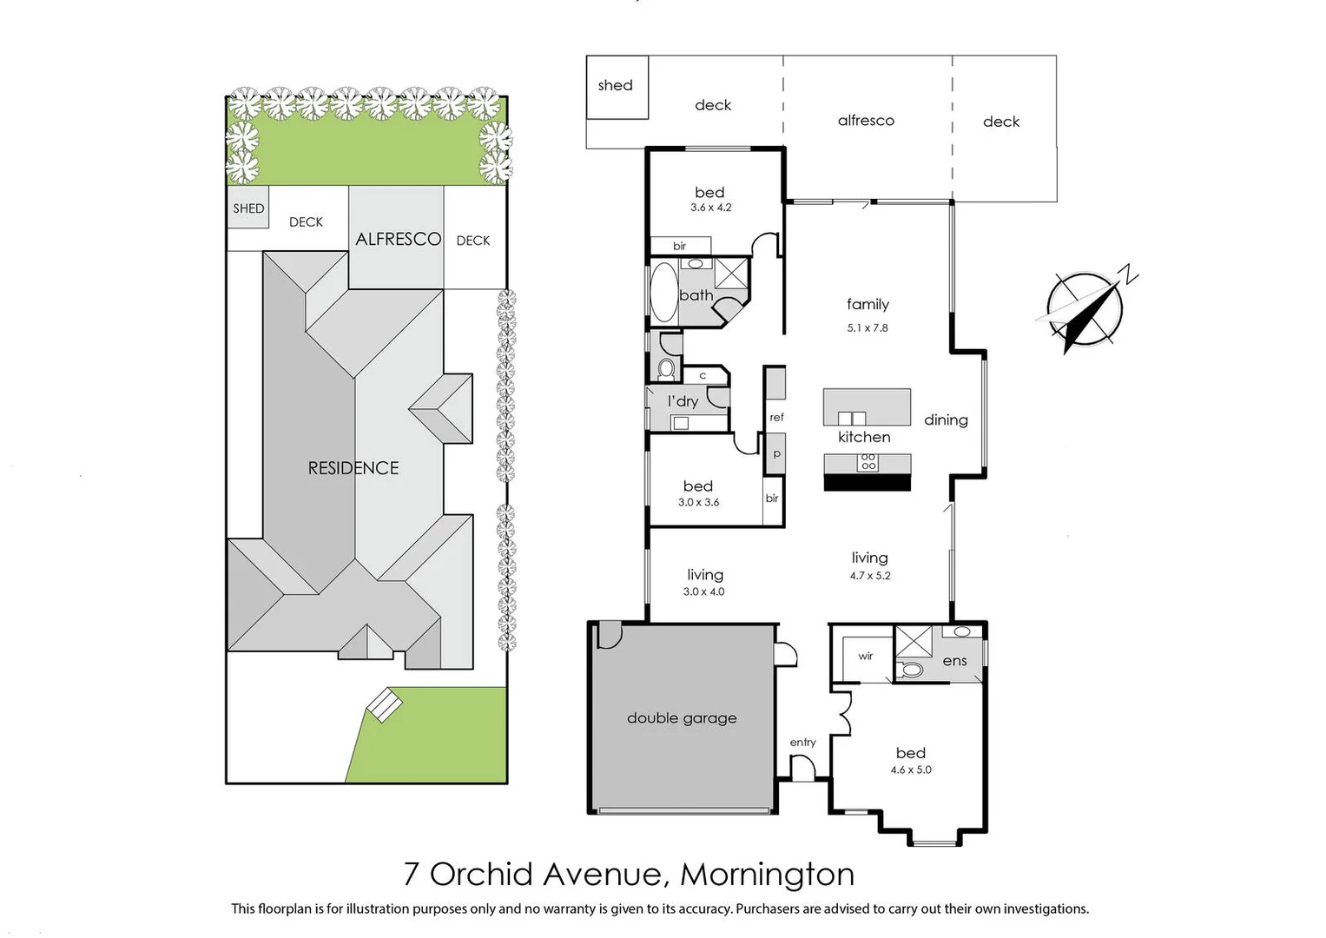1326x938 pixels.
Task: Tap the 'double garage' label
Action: [682, 718]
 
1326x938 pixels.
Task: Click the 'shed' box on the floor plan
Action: [617, 86]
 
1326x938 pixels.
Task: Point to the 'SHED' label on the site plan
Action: [248, 208]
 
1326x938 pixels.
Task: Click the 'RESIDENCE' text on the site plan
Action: [353, 468]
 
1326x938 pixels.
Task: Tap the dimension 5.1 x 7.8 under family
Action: [868, 328]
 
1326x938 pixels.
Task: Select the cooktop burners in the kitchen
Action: [868, 462]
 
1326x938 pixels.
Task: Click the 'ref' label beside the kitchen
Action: [776, 418]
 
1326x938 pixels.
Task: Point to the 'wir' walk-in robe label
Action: [865, 657]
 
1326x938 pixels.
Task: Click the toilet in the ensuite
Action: [911, 670]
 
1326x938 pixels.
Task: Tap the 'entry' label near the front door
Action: [802, 743]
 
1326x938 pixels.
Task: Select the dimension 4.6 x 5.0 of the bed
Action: [910, 770]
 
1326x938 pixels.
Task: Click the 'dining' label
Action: [946, 420]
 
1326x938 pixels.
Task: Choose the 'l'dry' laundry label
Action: [683, 401]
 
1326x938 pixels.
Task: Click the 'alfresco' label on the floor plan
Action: [866, 121]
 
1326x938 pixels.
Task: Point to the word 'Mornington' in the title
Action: [767, 875]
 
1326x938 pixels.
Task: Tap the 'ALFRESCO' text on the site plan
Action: [398, 239]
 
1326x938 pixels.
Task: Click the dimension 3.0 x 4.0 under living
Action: [703, 592]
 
